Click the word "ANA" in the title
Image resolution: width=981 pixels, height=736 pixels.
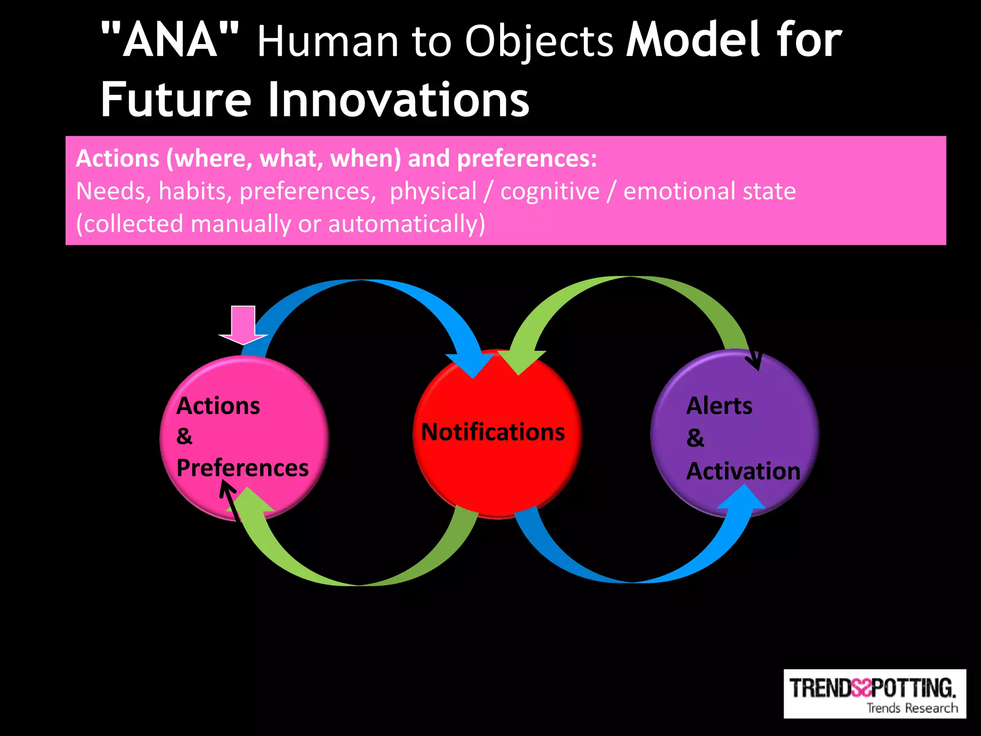click(170, 41)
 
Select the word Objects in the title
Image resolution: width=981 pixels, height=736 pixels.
click(539, 42)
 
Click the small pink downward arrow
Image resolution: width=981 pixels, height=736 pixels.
click(243, 326)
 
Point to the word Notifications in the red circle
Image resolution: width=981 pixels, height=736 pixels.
click(493, 432)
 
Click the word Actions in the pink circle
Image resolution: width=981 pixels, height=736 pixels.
click(218, 406)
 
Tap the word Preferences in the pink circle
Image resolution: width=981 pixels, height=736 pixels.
click(242, 468)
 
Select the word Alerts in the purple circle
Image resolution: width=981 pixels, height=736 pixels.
click(719, 406)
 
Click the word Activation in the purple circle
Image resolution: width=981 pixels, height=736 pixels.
click(743, 471)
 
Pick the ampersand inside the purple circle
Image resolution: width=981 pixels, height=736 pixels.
click(695, 438)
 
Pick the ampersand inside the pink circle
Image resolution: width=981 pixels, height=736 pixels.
click(184, 437)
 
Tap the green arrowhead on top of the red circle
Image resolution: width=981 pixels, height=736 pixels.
click(520, 362)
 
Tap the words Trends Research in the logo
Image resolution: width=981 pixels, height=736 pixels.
click(912, 708)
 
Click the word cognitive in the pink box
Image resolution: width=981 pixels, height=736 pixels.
click(550, 191)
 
